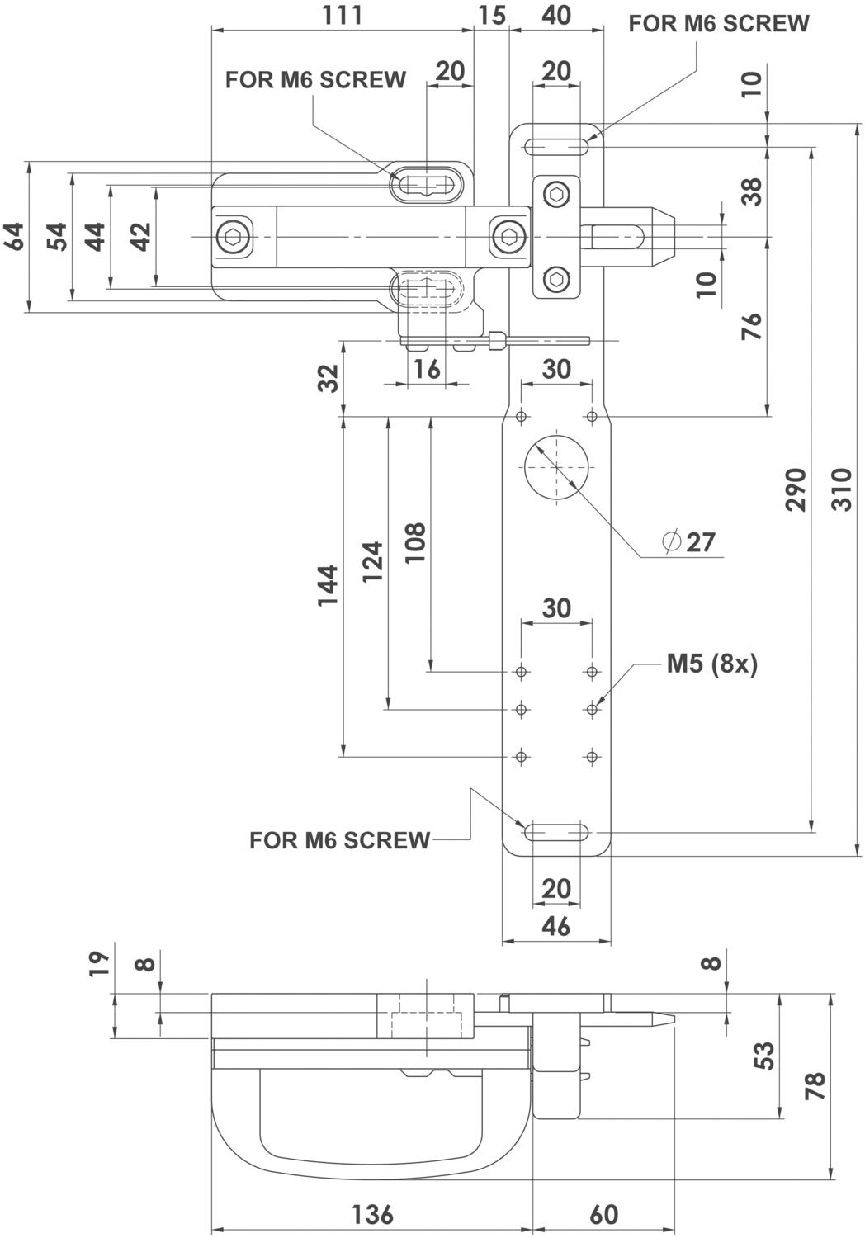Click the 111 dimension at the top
pyautogui.click(x=343, y=15)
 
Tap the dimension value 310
pyautogui.click(x=842, y=489)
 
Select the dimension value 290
pyautogui.click(x=796, y=489)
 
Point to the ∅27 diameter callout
pyautogui.click(x=688, y=542)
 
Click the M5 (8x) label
pyautogui.click(x=712, y=664)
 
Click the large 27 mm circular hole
pyautogui.click(x=556, y=467)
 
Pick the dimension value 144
pyautogui.click(x=327, y=586)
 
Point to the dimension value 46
pyautogui.click(x=556, y=926)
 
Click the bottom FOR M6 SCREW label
pyautogui.click(x=339, y=840)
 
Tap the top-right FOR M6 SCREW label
pyautogui.click(x=719, y=24)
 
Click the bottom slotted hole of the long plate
pyautogui.click(x=556, y=832)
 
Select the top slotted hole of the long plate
pyautogui.click(x=556, y=147)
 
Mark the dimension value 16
pyautogui.click(x=427, y=369)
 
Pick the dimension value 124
pyautogui.click(x=372, y=561)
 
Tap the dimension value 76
pyautogui.click(x=752, y=326)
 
